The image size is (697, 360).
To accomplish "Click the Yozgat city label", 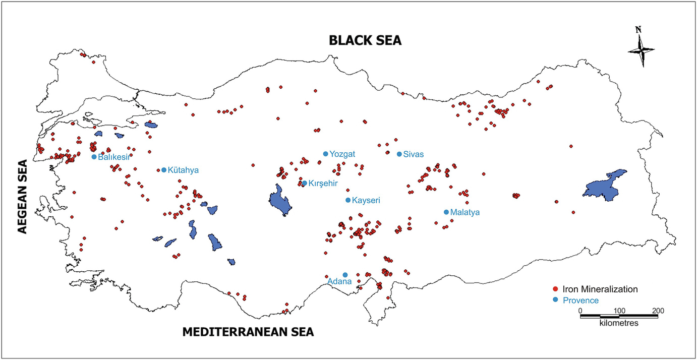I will [x=343, y=154].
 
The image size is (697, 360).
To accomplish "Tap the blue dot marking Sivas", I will [x=399, y=154].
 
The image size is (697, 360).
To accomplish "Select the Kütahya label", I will [x=183, y=170].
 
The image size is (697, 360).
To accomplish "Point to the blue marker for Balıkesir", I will [x=94, y=157].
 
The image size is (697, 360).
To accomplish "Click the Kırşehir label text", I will [x=323, y=184].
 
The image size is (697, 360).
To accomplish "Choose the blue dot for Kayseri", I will [x=347, y=200].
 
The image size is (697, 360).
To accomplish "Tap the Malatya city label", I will [x=466, y=212].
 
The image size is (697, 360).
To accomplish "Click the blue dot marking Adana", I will [x=345, y=275].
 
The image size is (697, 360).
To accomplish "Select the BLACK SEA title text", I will [x=365, y=41].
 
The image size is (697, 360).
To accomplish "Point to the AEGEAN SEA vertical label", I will [x=22, y=197].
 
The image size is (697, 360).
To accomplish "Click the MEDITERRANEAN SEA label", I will [x=248, y=332].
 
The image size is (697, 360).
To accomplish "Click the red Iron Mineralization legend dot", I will [x=555, y=289].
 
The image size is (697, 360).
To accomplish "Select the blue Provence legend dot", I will [x=555, y=300].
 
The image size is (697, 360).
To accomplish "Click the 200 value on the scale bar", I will [x=658, y=310].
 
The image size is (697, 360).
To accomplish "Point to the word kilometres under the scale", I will [x=619, y=322].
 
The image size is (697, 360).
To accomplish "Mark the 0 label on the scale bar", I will [x=580, y=310].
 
